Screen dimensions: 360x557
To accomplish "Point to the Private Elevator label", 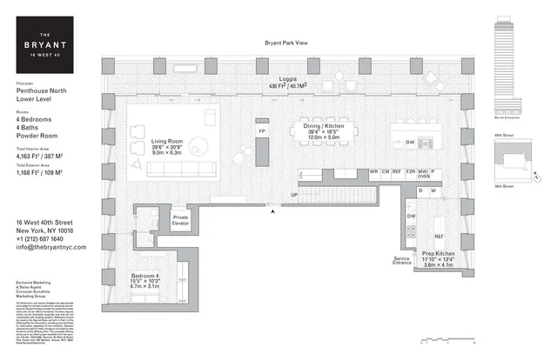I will [x=180, y=219].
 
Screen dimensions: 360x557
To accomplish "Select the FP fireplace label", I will [x=261, y=131].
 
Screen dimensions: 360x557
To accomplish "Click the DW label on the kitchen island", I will [x=409, y=142].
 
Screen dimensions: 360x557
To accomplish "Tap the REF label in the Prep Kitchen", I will [x=440, y=236].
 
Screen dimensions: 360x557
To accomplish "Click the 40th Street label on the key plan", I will [x=504, y=136].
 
